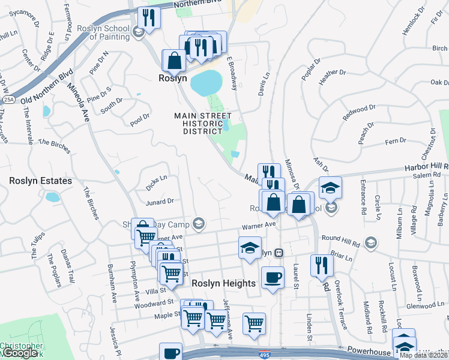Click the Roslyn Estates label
point(40,181)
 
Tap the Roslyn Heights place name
point(223,283)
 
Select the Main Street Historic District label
point(203,123)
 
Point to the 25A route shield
point(8,99)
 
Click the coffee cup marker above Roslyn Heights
point(273,278)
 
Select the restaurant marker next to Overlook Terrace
point(322,265)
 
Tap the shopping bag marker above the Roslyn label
point(174,60)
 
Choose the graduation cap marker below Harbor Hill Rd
point(330,188)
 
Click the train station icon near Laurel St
point(279,253)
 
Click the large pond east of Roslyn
point(205,83)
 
